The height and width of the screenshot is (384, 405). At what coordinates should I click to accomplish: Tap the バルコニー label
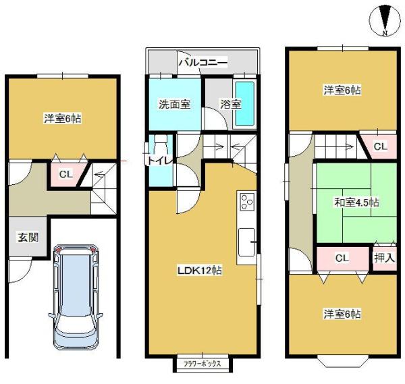coord(202,63)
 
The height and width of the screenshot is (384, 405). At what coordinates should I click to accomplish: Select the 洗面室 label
coord(174,105)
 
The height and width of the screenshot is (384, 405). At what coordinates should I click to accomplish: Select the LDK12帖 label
coord(200,270)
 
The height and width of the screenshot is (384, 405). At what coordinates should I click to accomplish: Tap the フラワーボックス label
coord(203,365)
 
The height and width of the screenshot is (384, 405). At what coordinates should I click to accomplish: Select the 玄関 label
coord(28,237)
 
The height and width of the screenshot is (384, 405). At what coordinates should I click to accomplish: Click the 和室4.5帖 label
coord(356,202)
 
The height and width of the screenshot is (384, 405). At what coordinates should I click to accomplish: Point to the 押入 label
coord(385,258)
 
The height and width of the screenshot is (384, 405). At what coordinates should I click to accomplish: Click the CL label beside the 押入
coord(342,258)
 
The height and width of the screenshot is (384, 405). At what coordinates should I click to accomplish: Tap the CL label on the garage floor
coord(64,175)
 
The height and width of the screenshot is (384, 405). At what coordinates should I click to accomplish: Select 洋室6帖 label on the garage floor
coord(63,119)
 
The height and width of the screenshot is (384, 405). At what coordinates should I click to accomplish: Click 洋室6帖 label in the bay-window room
coord(341,314)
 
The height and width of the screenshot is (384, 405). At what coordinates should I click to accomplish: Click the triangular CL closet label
coord(380,146)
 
